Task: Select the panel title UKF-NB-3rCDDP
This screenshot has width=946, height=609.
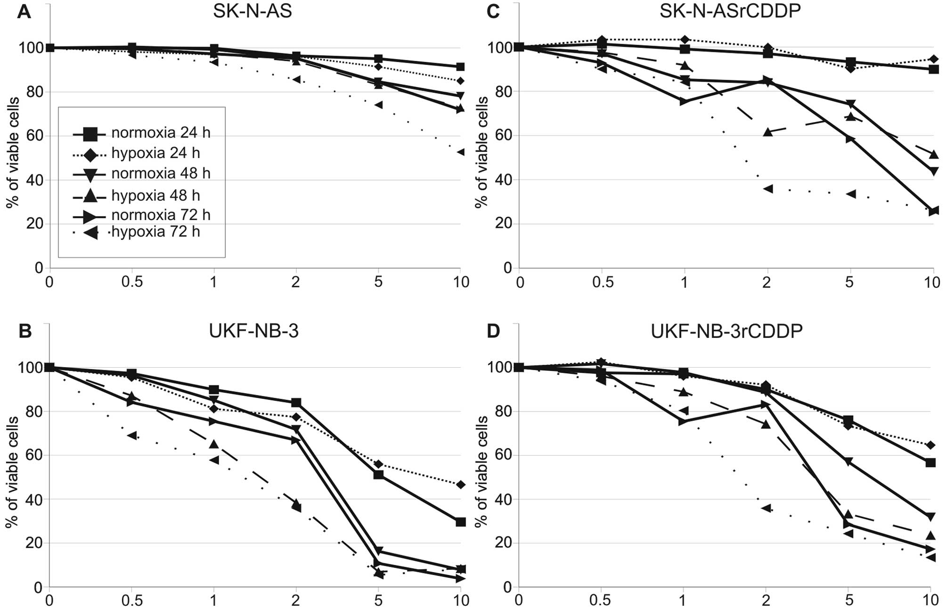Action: point(726,331)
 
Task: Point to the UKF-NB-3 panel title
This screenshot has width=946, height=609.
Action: point(253,331)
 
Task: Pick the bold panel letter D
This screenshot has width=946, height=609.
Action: point(493,331)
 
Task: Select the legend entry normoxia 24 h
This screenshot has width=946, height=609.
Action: point(161,133)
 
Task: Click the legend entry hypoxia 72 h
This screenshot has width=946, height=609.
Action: point(155,232)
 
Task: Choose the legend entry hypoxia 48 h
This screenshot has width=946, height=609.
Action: point(155,195)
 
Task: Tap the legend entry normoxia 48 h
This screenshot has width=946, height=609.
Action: point(161,173)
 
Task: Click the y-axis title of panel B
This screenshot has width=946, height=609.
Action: point(12,471)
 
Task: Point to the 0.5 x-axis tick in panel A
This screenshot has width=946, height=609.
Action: point(132,282)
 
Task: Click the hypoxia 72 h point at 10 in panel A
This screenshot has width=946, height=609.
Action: point(460,152)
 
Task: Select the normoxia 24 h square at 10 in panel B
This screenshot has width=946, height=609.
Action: point(460,522)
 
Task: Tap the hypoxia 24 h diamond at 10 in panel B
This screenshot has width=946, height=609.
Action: point(460,485)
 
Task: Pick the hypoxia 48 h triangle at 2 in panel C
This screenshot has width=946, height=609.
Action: point(767,132)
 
